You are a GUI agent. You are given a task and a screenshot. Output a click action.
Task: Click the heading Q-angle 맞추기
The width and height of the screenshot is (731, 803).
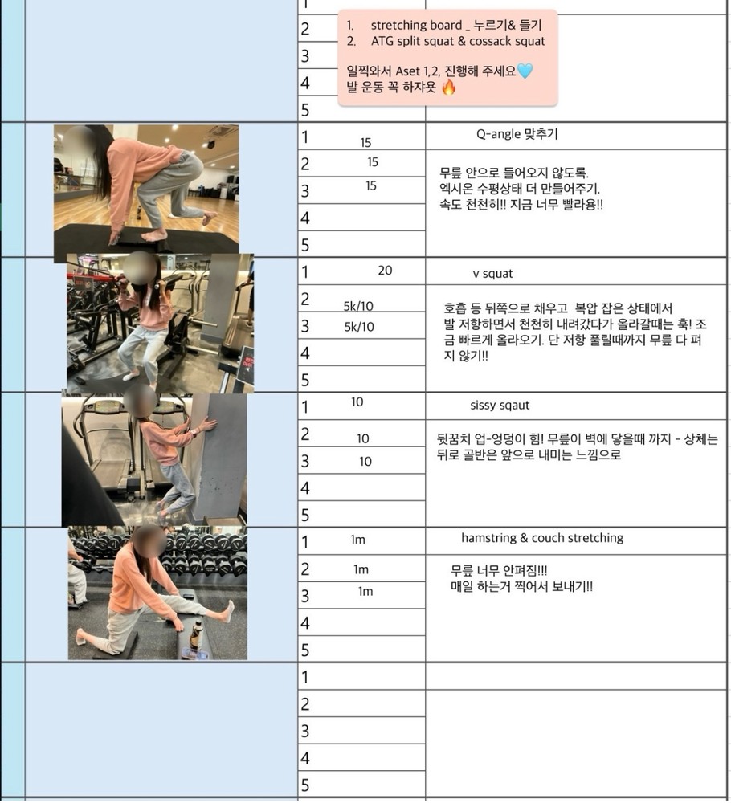[x=517, y=134]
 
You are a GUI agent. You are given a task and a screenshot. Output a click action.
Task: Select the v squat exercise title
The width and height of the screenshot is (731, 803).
[x=492, y=274]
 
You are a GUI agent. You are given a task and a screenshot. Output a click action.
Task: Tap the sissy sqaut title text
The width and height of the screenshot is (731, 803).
[x=500, y=405]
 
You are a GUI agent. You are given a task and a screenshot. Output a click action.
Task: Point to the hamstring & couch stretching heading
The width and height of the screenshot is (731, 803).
[x=542, y=538]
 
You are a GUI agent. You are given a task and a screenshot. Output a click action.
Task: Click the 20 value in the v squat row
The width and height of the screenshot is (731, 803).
[x=385, y=271]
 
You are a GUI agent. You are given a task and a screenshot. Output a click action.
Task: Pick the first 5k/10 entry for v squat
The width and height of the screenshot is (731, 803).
[x=358, y=306]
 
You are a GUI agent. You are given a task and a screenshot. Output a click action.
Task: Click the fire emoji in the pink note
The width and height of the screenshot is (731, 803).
[x=449, y=87]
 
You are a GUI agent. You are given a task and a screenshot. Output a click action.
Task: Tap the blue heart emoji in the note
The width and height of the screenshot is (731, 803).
[x=525, y=70]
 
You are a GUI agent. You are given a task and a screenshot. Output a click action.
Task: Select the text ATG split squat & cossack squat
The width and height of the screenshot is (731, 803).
[x=458, y=42]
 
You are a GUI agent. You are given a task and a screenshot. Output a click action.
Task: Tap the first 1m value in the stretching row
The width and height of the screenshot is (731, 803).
[x=357, y=540]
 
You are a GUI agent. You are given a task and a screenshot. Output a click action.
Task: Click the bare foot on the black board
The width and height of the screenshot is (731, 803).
[x=153, y=235]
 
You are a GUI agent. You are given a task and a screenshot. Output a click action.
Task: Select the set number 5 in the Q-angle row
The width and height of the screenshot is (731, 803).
[x=305, y=245]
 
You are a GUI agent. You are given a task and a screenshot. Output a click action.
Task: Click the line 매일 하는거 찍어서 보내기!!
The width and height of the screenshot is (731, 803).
[x=521, y=586]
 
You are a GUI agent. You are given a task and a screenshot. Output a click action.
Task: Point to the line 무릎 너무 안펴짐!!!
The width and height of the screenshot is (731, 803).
[x=499, y=570]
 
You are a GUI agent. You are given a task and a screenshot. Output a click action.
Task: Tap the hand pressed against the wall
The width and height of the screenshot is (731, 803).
[x=207, y=424]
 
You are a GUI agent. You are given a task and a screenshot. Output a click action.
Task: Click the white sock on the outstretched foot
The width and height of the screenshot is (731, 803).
[x=227, y=611]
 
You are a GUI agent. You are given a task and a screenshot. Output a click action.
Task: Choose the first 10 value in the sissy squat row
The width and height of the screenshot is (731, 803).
[x=357, y=402]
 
